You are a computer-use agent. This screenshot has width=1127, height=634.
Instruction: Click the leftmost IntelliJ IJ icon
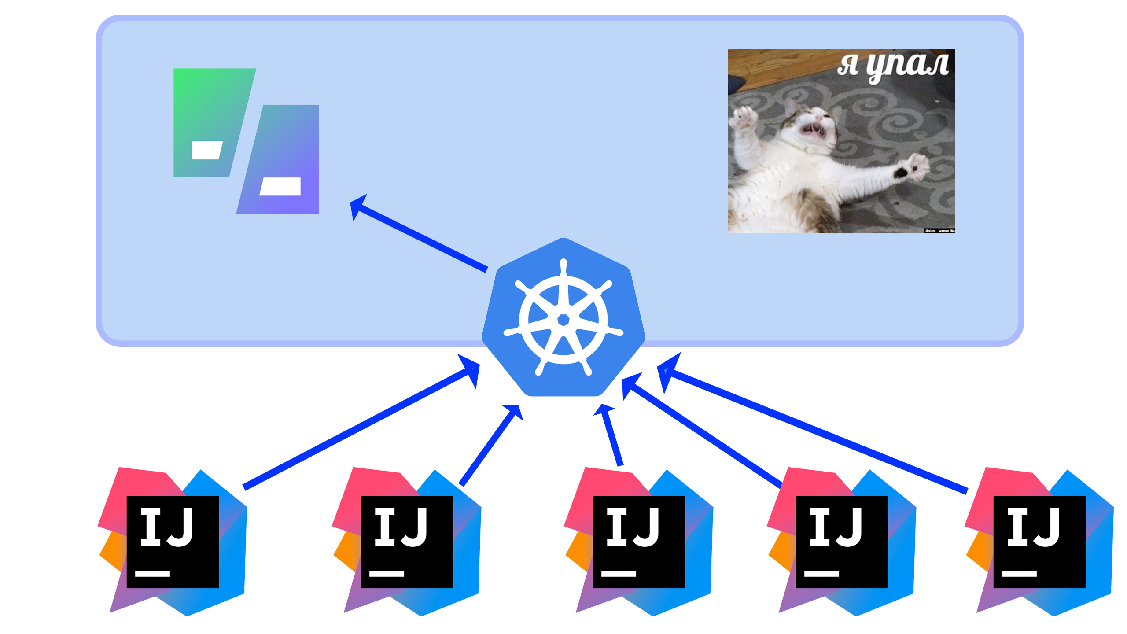173,542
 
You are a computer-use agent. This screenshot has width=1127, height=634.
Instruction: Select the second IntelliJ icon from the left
407,542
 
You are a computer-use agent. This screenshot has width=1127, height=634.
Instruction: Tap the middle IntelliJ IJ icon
639,542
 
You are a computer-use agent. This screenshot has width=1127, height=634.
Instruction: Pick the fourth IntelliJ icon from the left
842,542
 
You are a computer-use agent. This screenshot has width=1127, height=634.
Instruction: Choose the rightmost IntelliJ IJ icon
1039,542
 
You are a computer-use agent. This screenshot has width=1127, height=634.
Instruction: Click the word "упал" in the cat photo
907,66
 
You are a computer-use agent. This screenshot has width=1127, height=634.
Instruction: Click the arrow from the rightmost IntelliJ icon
814,431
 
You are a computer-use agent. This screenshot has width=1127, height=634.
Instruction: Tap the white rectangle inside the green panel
206,151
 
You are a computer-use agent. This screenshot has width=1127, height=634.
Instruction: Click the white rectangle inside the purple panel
280,186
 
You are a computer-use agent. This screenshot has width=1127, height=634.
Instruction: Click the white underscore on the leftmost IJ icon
152,573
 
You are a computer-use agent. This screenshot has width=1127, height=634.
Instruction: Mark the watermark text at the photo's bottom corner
939,231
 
